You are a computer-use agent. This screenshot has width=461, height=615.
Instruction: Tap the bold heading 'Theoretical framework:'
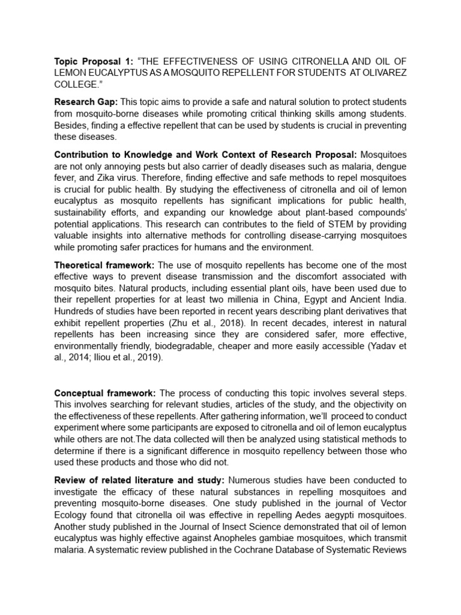point(105,265)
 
